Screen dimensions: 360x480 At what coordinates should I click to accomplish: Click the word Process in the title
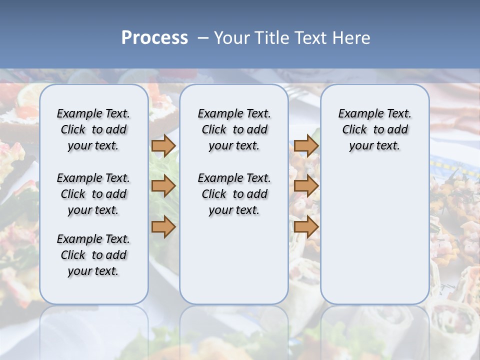pos(154,38)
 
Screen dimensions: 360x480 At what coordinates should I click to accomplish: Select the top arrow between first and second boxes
pos(163,145)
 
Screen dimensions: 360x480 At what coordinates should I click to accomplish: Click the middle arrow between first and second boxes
pos(163,186)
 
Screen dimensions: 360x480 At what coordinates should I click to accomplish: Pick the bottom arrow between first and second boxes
pos(163,226)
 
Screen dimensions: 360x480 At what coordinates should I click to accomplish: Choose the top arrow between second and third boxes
pos(306,145)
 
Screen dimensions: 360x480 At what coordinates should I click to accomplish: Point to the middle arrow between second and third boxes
pos(306,186)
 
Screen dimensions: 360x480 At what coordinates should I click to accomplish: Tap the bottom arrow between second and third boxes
pos(306,226)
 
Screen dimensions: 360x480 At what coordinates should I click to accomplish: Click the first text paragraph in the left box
pos(93,129)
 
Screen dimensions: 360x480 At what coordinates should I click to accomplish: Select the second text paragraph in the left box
pos(93,194)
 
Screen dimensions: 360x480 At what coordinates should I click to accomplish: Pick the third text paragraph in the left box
pos(93,255)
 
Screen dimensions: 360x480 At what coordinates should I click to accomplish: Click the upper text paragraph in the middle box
pos(234,129)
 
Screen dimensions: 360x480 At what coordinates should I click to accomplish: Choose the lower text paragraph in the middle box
pos(234,194)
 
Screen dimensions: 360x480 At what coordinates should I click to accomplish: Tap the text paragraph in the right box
pos(375,129)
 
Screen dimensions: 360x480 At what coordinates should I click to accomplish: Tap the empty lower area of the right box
pos(375,235)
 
